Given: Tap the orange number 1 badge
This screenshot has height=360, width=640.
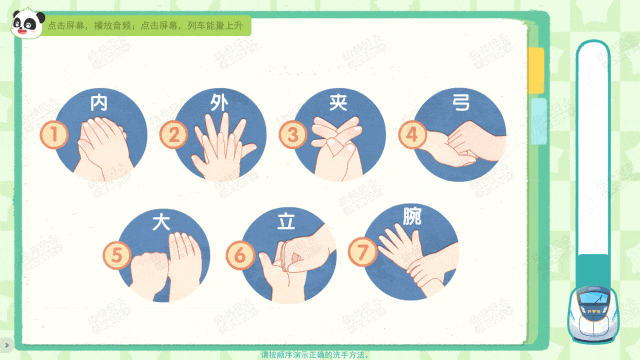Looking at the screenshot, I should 54,133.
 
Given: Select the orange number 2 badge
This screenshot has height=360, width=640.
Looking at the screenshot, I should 175,134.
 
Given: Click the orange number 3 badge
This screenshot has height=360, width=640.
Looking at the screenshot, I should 292,133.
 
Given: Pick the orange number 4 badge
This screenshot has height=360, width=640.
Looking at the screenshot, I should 410,133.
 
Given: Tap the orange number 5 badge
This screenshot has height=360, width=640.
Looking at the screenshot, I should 119,254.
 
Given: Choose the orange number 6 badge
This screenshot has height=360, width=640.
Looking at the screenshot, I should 240,254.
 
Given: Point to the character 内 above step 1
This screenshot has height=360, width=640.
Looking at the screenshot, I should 99,102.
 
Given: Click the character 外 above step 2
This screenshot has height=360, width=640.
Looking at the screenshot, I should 219,102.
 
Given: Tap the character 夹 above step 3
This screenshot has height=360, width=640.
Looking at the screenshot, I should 338,102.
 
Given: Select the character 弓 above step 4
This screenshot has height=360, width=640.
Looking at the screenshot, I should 460,102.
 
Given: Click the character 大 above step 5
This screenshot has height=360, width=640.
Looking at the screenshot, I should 160,221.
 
